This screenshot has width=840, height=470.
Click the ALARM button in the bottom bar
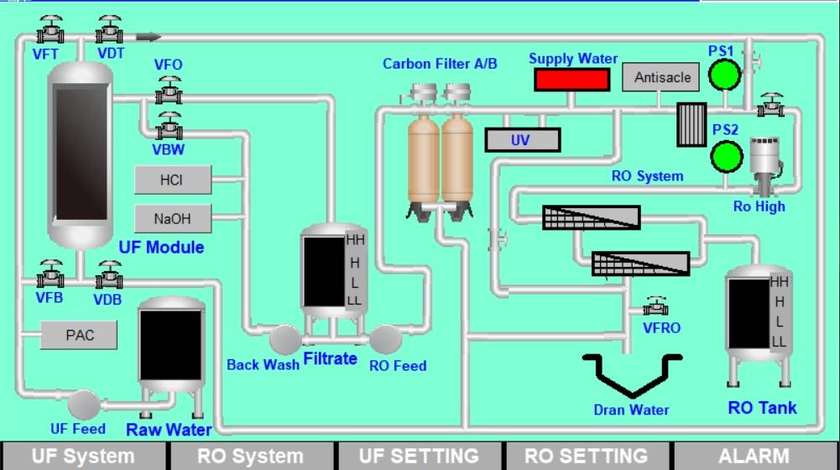tap(756, 456)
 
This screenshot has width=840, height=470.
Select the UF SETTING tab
tap(420, 456)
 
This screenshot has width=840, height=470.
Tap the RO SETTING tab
tap(587, 456)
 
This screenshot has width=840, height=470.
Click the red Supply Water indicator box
tap(571, 80)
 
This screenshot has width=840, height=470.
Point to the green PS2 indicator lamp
tap(725, 156)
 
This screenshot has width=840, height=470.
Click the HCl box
tap(173, 180)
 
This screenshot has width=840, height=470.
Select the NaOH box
tap(173, 218)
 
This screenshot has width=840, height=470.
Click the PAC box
tap(80, 336)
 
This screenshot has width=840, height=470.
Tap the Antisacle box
tap(662, 77)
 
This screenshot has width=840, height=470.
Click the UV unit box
tap(522, 139)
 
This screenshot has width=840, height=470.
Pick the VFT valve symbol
tap(51, 30)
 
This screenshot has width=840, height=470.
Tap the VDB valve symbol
tap(109, 275)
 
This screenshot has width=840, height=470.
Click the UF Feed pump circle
tap(84, 405)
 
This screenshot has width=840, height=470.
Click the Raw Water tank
tap(170, 345)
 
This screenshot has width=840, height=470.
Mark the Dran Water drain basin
tap(633, 374)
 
